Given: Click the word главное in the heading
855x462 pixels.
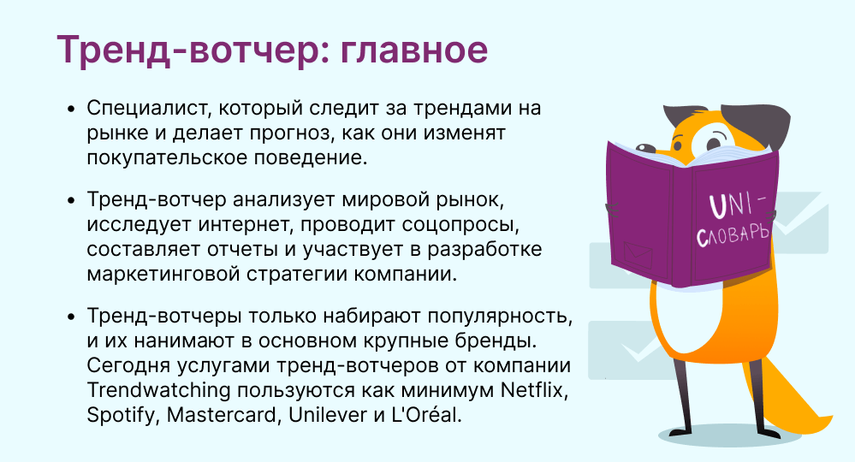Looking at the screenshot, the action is [x=414, y=50].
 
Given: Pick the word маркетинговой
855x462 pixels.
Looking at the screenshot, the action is [x=163, y=274].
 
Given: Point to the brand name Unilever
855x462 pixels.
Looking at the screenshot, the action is [x=329, y=415].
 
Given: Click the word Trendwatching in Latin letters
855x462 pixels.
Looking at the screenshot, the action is [x=158, y=391].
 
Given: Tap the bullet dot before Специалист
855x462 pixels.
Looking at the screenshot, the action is [x=70, y=109].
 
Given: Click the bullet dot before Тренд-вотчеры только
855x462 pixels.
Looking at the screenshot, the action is [x=70, y=317].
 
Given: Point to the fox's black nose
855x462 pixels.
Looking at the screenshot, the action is [x=646, y=148].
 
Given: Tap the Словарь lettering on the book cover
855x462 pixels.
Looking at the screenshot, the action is [x=734, y=235].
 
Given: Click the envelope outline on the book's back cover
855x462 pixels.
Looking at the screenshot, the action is [x=638, y=254].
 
